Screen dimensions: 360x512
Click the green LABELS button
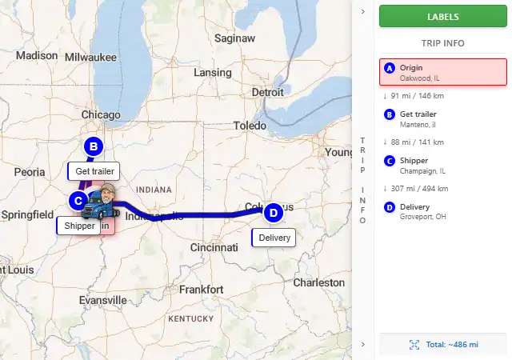click(443, 16)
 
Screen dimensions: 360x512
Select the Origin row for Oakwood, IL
click(443, 72)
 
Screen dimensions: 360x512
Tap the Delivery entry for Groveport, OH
click(443, 211)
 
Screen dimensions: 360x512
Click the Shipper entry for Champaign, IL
click(443, 165)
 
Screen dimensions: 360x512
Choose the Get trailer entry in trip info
click(443, 118)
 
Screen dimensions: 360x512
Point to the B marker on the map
click(94, 146)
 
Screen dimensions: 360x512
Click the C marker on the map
click(78, 200)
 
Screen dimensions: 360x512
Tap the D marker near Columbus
click(273, 213)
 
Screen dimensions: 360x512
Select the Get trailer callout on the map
click(94, 171)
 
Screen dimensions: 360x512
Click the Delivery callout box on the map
click(274, 238)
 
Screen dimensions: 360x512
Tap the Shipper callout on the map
click(79, 226)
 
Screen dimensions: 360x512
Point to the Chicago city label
click(100, 115)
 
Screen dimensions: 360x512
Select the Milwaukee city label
click(90, 57)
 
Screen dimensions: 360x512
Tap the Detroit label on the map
click(267, 93)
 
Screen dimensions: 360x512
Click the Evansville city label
click(102, 300)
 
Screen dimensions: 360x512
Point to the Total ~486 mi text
click(451, 344)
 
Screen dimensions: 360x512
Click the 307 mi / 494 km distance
click(419, 188)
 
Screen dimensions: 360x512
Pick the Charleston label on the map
click(319, 282)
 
